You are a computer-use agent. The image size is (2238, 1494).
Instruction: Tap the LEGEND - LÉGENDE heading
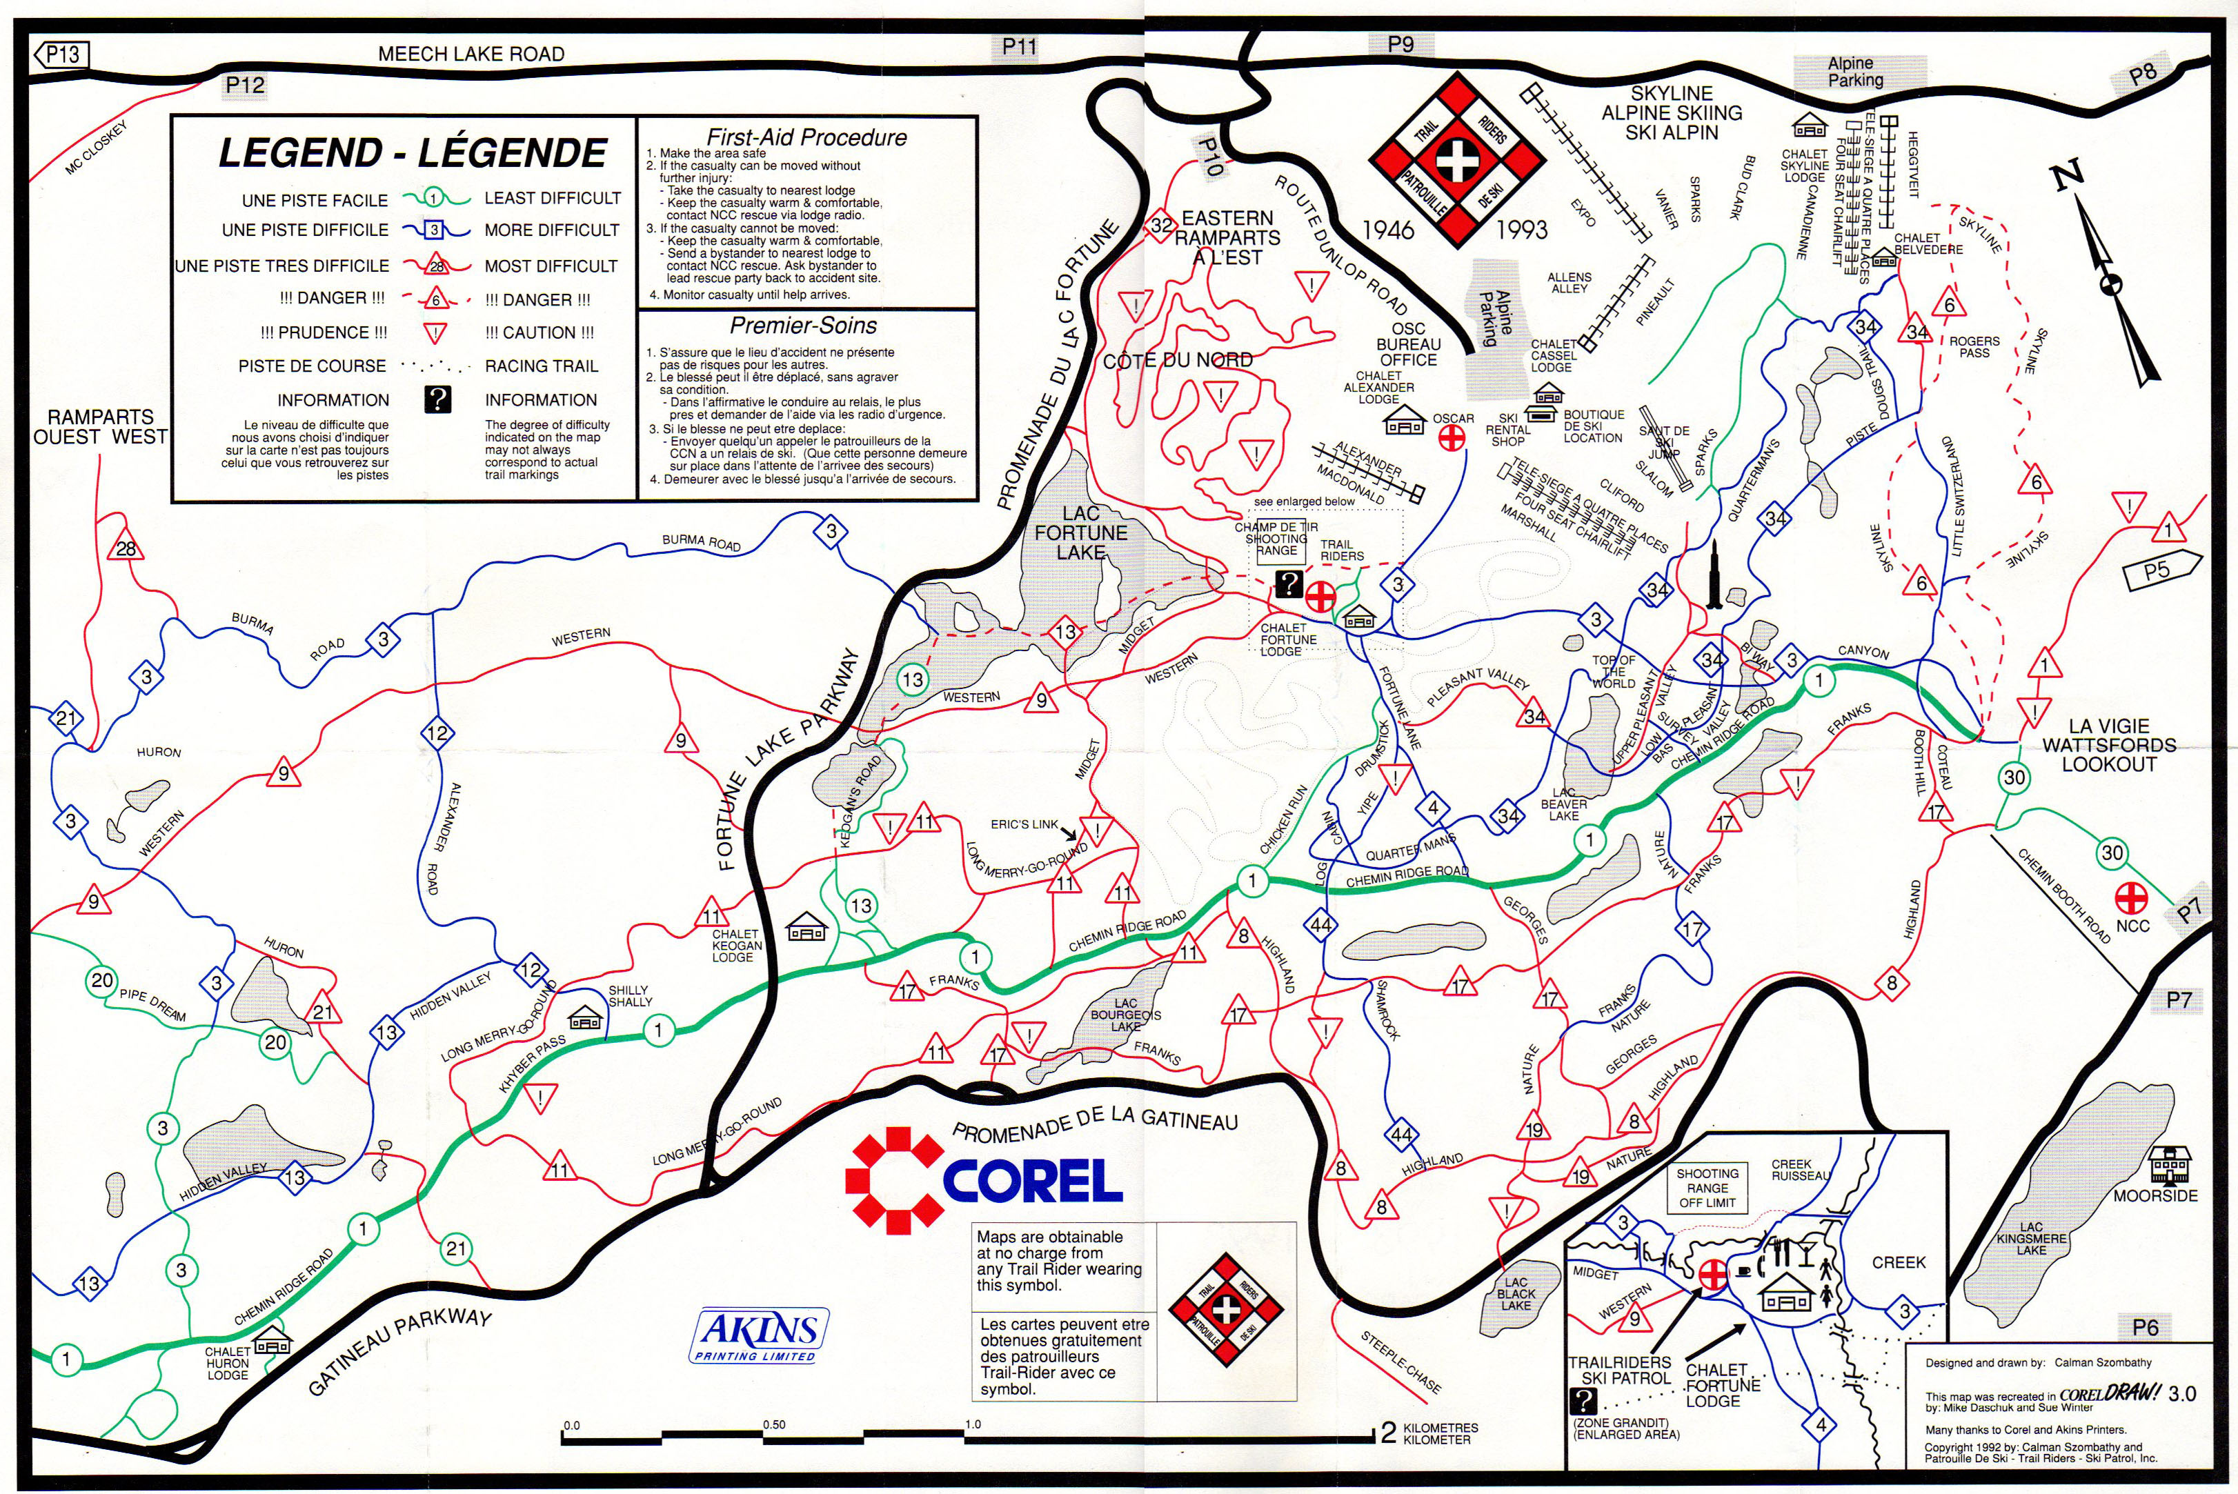tap(412, 152)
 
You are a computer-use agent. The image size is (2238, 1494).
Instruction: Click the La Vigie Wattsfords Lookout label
tap(2108, 745)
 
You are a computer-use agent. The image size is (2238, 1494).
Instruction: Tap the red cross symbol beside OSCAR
tap(1451, 438)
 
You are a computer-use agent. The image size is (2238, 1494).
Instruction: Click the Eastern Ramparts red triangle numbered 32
tap(1160, 226)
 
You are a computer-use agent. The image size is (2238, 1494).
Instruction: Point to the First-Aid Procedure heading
tap(806, 137)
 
